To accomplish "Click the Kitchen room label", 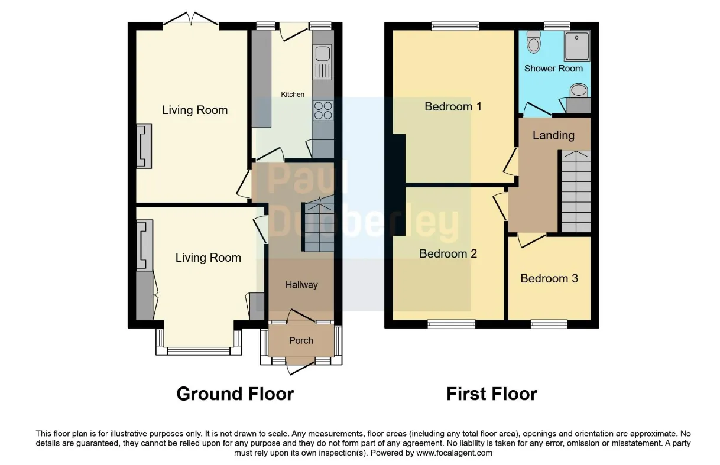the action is point(293,94).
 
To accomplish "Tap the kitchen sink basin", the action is point(322,53).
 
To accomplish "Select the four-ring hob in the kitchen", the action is point(323,110).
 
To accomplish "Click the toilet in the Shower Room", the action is point(534,42).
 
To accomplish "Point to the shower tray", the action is point(577,45).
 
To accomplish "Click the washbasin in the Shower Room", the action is point(578,90).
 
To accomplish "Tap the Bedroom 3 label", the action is point(549,278).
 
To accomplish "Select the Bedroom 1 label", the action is point(453,106).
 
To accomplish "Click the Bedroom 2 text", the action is point(448,253).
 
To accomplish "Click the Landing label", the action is point(553,135).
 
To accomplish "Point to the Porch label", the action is point(301,340).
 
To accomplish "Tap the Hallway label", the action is point(301,285).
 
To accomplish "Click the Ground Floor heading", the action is point(235,394).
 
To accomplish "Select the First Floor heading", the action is point(492,394).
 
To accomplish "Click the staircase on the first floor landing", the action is point(576,191).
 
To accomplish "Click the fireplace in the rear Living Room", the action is point(144,146).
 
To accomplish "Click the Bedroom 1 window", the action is point(455,27).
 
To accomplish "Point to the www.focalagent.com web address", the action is point(454,453).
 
